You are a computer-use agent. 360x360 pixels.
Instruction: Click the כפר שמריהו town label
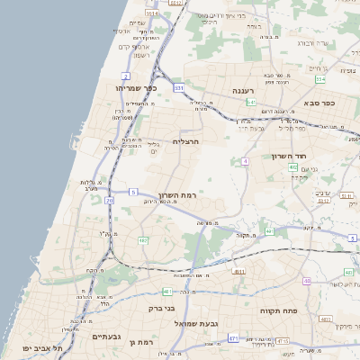tap(138, 88)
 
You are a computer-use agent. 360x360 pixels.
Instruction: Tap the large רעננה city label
tap(244, 91)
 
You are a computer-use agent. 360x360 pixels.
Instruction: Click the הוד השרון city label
tap(290, 156)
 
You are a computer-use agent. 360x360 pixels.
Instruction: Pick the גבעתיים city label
tap(106, 336)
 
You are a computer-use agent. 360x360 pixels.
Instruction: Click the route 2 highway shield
tap(126, 76)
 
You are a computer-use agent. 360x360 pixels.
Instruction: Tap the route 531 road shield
tap(179, 88)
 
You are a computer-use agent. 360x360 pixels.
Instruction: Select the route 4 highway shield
tap(244, 161)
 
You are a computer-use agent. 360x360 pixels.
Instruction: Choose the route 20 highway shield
tap(109, 201)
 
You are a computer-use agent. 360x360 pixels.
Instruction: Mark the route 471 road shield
tap(233, 338)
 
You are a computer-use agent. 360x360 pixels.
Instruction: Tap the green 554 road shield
tap(319, 79)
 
